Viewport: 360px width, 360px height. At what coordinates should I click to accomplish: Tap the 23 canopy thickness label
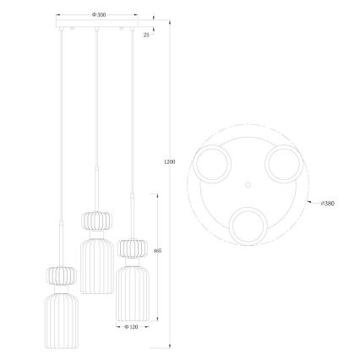click(146, 35)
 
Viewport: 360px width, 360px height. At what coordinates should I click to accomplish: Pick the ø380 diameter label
click(327, 204)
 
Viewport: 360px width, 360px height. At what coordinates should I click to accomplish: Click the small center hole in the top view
click(248, 182)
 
